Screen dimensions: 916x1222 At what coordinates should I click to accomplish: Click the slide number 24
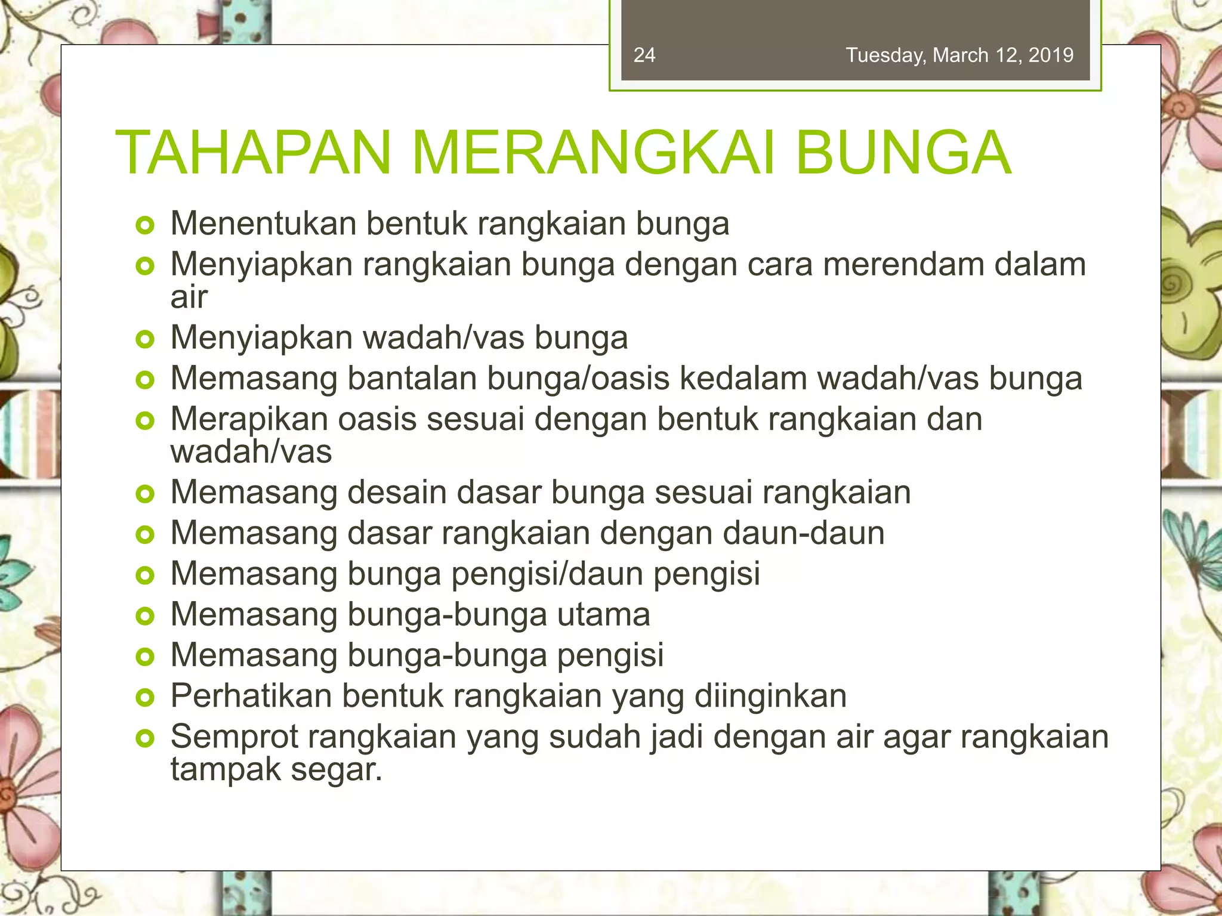click(x=644, y=55)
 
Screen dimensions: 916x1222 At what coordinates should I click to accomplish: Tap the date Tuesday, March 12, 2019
click(x=959, y=55)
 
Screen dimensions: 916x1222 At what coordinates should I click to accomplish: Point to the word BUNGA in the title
click(x=903, y=153)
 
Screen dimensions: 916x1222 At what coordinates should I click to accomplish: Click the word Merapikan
click(x=249, y=419)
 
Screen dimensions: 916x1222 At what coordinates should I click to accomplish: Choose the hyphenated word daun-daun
click(x=803, y=533)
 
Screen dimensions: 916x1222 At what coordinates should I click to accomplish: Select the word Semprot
click(x=234, y=737)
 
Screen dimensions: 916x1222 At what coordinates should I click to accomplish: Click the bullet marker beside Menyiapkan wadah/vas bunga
click(x=145, y=340)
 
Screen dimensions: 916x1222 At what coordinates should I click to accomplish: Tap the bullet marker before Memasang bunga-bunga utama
click(x=145, y=616)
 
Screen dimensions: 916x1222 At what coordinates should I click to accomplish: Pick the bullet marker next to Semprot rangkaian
click(x=145, y=739)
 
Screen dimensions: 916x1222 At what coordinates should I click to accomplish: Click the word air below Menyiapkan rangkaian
click(x=189, y=298)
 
